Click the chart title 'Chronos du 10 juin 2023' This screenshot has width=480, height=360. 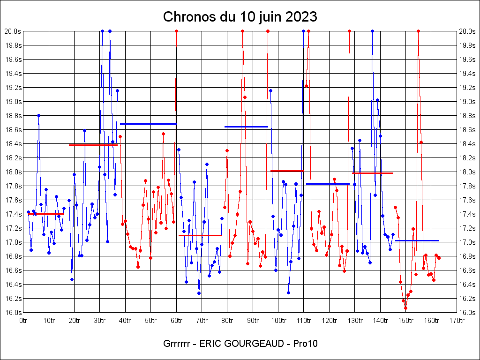pos(240,17)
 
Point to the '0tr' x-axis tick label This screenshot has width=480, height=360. pos(23,321)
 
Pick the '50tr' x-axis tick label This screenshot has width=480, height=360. pos(151,321)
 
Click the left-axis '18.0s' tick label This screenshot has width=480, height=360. pos(13,172)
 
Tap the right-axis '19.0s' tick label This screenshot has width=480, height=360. pos(467,102)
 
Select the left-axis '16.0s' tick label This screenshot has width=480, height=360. pos(13,313)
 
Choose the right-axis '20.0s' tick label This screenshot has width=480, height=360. pos(467,31)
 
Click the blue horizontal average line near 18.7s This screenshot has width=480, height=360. pos(148,124)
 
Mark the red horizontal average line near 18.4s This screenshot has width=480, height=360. pos(93,145)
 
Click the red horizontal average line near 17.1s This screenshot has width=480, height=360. pos(200,235)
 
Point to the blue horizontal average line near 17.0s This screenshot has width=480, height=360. pos(417,240)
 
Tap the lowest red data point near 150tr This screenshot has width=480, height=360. pos(405,308)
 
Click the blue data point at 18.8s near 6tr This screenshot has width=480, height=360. pos(38,115)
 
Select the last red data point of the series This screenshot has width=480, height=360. pos(439,258)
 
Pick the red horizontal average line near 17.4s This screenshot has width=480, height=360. pos(45,214)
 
